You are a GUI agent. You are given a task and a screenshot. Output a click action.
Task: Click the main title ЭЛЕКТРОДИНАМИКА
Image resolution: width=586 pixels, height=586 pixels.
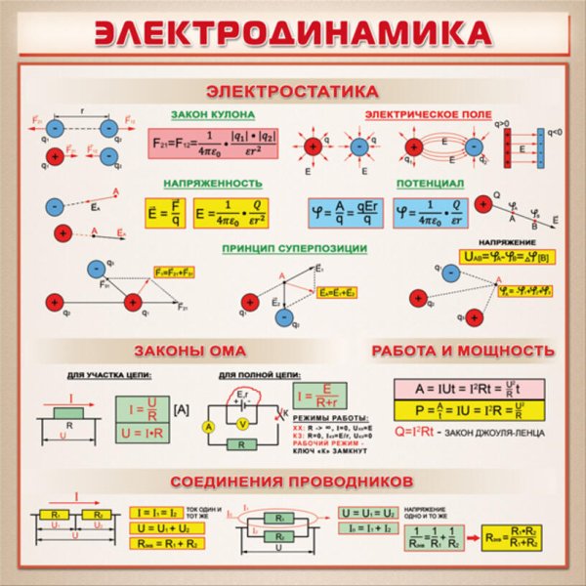click(x=293, y=32)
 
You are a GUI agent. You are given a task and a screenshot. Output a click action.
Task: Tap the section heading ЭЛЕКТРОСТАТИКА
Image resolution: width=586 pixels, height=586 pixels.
click(x=293, y=91)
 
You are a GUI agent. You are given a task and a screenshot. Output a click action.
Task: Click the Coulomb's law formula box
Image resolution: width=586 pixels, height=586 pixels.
click(x=212, y=145)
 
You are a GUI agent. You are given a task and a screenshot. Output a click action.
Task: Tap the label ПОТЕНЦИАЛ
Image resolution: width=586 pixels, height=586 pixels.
click(x=430, y=183)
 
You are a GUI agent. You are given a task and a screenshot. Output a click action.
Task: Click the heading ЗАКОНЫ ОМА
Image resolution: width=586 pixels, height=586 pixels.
click(x=189, y=350)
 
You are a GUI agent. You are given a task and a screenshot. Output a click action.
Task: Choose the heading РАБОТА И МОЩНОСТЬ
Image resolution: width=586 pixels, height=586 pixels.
click(x=463, y=350)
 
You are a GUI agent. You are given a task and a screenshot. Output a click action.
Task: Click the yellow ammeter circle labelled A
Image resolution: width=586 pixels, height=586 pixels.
click(x=207, y=428)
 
